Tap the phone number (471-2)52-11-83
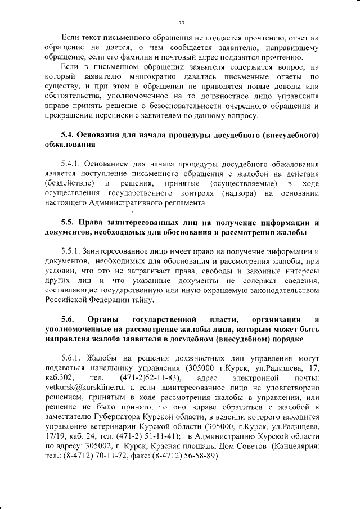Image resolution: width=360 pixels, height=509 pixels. (x=150, y=377)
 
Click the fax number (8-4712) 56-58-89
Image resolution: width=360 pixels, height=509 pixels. (x=183, y=456)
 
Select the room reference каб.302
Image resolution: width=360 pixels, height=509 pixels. (x=59, y=377)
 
